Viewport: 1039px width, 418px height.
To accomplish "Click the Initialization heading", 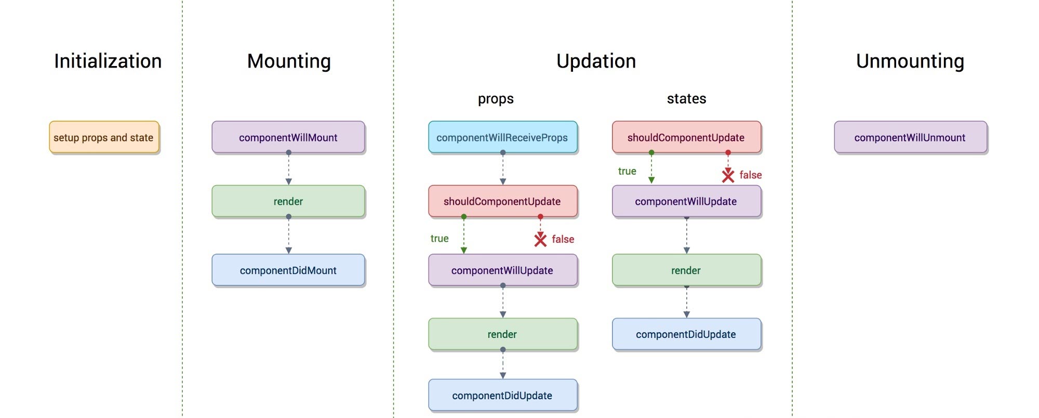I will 108,61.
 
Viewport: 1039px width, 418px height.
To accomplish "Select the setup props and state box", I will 104,137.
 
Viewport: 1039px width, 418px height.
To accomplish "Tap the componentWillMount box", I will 288,137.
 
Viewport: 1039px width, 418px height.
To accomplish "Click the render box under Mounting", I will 288,201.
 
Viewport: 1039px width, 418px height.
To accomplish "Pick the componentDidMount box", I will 288,270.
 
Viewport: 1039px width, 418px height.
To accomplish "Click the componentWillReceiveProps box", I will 502,137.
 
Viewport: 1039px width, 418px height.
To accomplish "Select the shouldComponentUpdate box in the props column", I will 502,201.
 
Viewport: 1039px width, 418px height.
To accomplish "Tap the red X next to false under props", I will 540,239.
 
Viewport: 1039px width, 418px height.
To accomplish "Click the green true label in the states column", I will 627,171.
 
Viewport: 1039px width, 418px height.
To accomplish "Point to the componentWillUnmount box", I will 910,137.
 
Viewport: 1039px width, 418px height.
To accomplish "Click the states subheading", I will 686,99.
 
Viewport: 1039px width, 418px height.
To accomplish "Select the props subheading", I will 496,99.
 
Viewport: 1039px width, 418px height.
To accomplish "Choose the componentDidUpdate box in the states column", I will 686,334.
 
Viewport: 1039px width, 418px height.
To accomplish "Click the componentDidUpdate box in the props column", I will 502,396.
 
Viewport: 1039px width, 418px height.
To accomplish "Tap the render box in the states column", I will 686,270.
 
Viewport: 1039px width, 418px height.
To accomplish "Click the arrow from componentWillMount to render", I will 289,169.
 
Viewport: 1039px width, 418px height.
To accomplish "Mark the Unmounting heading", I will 910,61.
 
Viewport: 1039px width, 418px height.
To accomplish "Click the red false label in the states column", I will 751,175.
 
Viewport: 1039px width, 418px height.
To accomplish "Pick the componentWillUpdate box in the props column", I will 502,270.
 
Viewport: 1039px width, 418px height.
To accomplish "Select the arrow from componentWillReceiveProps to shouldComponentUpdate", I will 503,169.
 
